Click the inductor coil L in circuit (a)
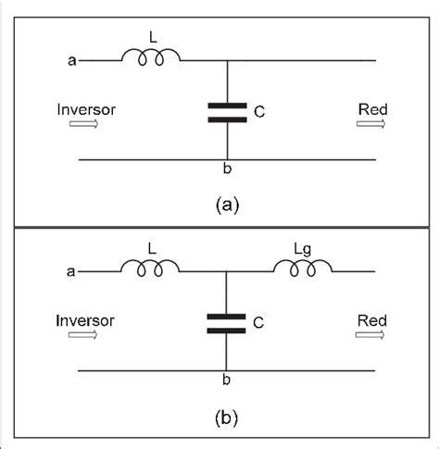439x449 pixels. coord(151,56)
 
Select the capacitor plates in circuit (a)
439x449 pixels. coord(228,113)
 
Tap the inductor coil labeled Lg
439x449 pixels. coord(303,268)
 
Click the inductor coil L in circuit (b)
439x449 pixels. coord(150,268)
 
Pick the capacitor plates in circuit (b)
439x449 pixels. coord(226,324)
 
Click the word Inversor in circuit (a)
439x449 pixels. coord(86,110)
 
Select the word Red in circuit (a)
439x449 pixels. coord(373,109)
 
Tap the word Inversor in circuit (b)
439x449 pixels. coord(85,321)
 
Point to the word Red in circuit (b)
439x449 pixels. coord(372,320)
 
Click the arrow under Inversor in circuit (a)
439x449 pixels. coord(83,124)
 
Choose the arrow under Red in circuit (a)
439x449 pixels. coord(371,124)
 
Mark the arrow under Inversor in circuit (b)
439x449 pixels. coord(82,335)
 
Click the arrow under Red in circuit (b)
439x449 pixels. coord(370,335)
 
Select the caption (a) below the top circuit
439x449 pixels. coord(227,206)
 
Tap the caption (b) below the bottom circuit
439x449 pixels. coord(226,418)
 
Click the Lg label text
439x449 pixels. coord(303,249)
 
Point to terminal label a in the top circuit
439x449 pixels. coord(72,61)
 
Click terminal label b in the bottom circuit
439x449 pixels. coord(226,380)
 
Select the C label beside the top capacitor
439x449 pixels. coord(259,112)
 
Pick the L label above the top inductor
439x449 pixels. coord(153,38)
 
